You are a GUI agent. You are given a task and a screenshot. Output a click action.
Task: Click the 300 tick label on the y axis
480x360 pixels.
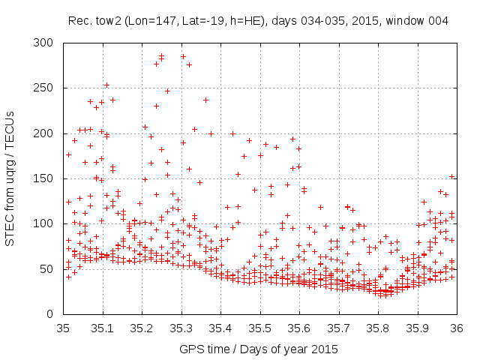[46, 43]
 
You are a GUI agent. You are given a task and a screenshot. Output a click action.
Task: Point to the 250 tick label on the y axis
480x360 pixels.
[46, 88]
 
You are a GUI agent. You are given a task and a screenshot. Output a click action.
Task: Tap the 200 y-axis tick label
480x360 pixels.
[46, 133]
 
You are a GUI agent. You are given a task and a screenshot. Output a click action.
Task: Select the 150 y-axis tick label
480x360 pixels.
[46, 178]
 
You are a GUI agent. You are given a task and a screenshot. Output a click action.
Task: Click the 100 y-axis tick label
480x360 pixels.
[46, 223]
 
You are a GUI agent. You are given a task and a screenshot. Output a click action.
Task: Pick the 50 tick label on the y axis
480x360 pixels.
[49, 268]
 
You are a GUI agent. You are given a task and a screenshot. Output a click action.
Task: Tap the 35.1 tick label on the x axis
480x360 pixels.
[102, 328]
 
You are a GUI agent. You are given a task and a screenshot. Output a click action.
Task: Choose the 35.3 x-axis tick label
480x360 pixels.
[181, 328]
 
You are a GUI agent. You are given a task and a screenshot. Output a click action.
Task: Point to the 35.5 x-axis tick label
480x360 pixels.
[259, 328]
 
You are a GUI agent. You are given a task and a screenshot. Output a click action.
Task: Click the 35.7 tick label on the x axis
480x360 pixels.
[338, 328]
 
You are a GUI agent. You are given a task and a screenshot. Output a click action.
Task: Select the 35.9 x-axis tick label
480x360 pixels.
[417, 328]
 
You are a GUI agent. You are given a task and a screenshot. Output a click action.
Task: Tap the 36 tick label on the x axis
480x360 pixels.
[456, 328]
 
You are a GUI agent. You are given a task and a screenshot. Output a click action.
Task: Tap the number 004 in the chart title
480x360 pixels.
[438, 21]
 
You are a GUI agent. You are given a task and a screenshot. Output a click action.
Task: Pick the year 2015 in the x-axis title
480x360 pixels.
[325, 349]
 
